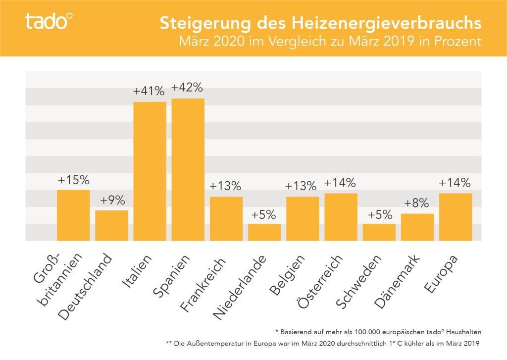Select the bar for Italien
coord(150,171)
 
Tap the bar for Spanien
coord(188,169)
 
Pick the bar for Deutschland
coord(111,225)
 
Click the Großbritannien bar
coord(73,215)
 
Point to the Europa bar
coord(455,217)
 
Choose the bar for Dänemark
coord(417,227)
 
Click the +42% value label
coord(188,88)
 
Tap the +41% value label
coord(149,91)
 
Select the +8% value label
coord(417,204)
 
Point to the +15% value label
coord(73,180)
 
